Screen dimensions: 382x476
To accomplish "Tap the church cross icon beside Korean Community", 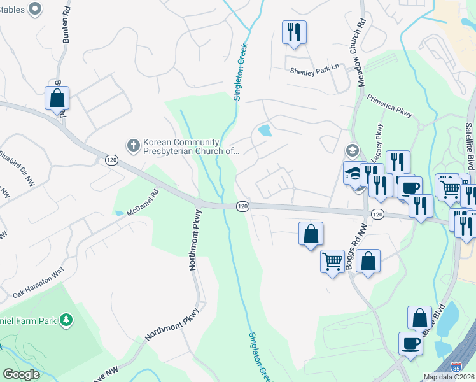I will coord(134,145).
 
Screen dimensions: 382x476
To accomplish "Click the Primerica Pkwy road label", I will coord(389,106).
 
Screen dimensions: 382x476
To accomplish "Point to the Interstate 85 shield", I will coord(456,367).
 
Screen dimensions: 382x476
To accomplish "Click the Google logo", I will coord(21,374).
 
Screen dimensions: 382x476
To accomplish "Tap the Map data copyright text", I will coord(449,377).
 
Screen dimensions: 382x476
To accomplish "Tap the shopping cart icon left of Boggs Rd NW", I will coord(332,260).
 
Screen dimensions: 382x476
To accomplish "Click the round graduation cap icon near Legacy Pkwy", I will coord(352,151).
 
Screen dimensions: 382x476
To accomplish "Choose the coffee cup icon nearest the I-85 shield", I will coord(410,343).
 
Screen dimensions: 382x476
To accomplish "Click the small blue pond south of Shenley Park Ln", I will coord(263,131).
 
